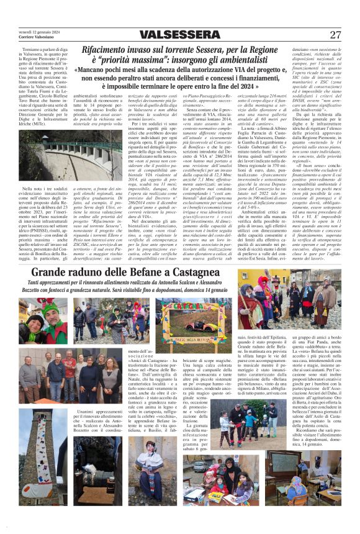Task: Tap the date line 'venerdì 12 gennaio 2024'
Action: tap(38, 31)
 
